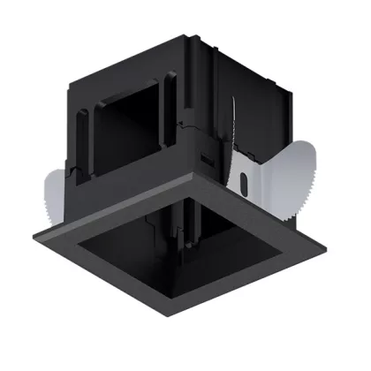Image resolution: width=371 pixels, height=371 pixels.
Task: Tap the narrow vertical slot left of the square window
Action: (85, 132)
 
